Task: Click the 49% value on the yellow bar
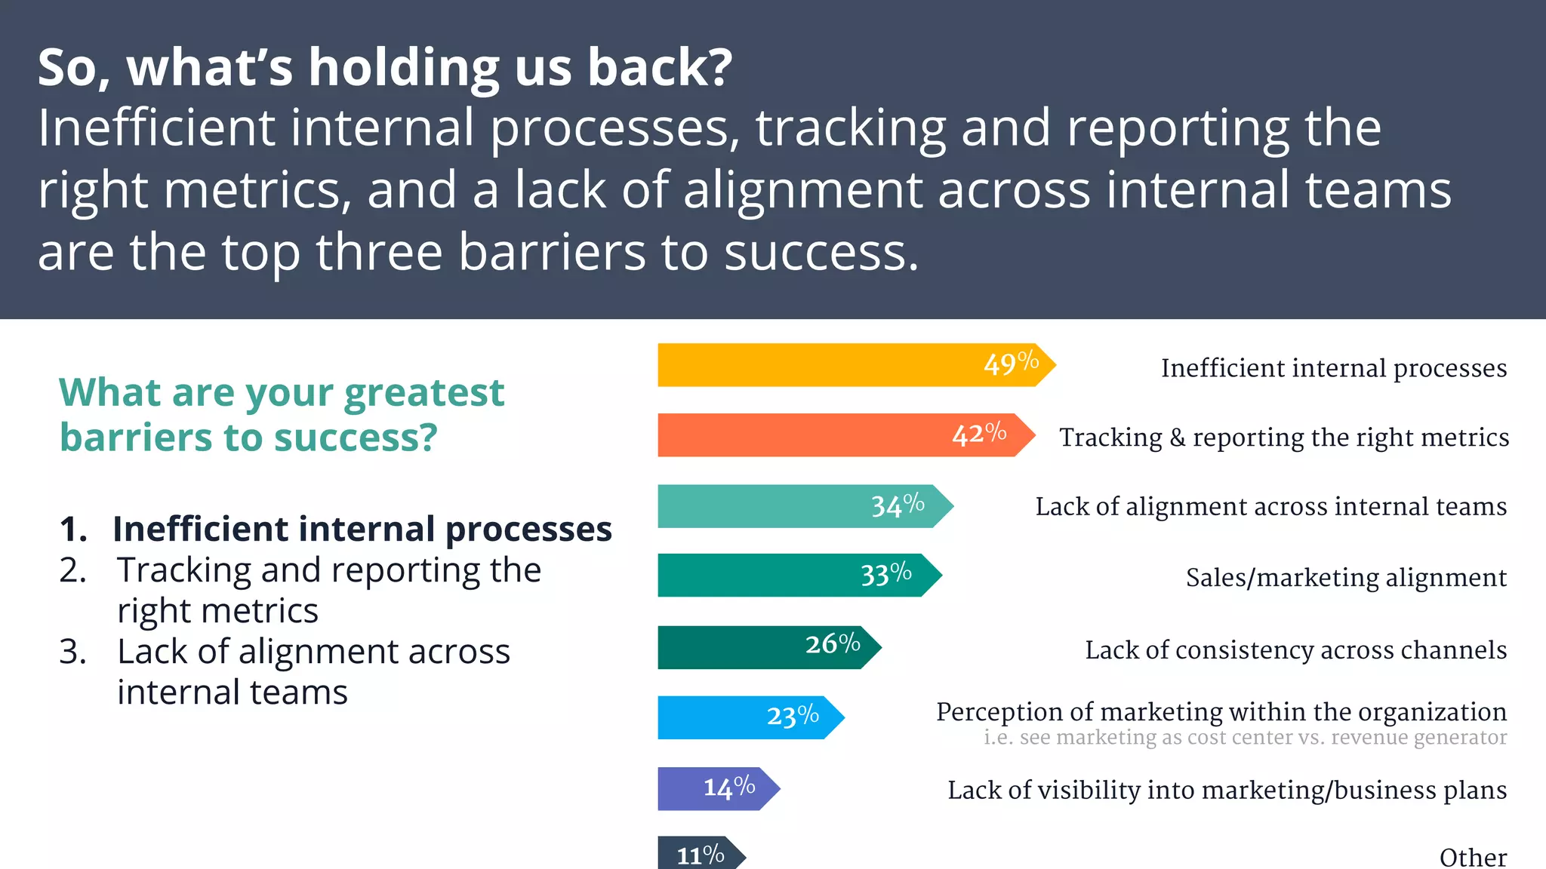(1011, 364)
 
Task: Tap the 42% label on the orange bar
(979, 434)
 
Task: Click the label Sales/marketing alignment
(1346, 578)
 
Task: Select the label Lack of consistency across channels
(1295, 650)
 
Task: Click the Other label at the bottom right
(1473, 857)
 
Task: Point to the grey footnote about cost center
(1245, 738)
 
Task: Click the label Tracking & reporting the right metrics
(1283, 438)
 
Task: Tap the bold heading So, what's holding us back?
(385, 68)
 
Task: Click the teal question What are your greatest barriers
(281, 415)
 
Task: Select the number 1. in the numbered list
(73, 530)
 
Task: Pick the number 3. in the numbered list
(73, 652)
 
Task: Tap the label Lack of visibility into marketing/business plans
(1227, 791)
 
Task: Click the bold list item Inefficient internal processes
(362, 530)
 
